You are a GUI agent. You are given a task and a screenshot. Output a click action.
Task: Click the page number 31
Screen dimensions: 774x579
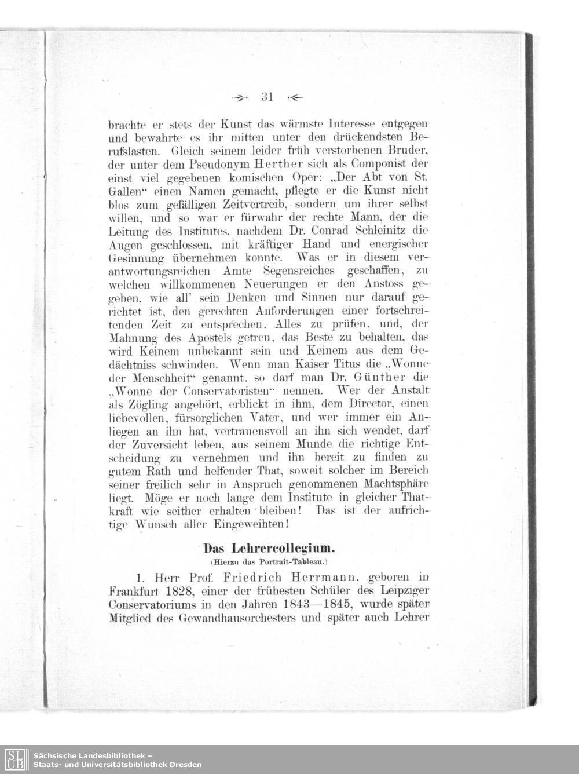[267, 97]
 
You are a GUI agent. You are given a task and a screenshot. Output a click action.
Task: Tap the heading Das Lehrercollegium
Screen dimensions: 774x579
[269, 548]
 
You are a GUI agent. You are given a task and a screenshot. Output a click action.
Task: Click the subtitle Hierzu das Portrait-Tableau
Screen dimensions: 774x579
[269, 561]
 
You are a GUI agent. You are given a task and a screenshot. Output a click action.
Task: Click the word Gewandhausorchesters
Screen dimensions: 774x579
[230, 618]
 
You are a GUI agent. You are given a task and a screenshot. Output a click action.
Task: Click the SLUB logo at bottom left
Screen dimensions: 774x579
[16, 759]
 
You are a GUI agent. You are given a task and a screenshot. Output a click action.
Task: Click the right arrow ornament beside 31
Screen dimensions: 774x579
[295, 97]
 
